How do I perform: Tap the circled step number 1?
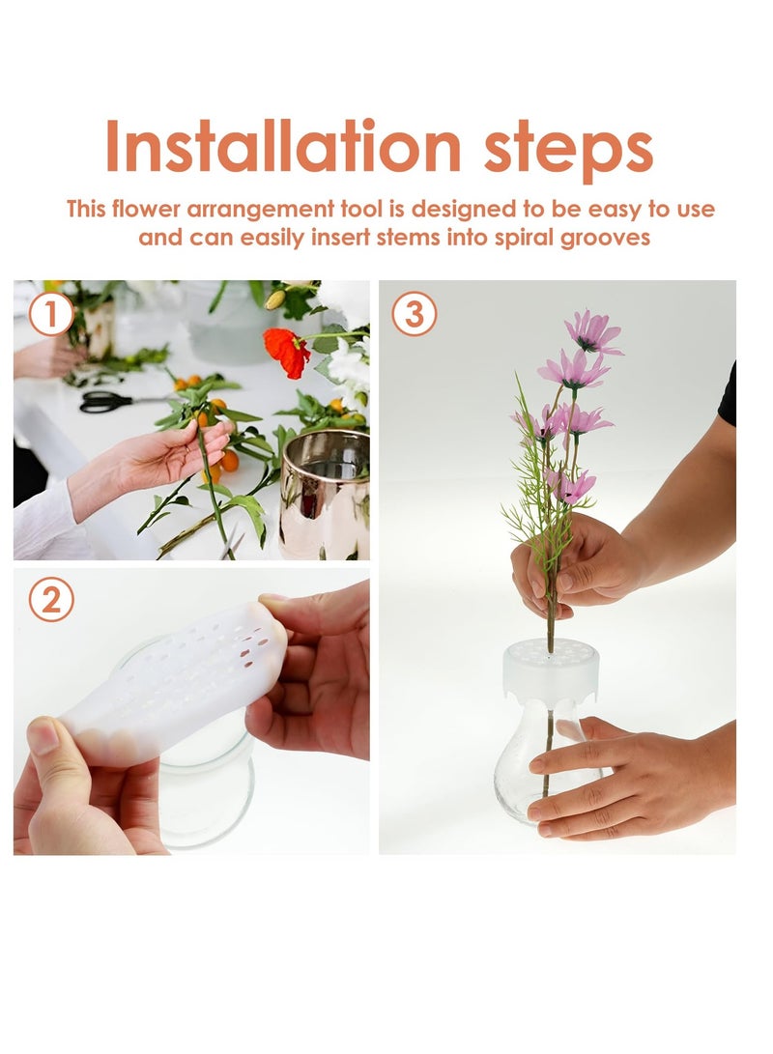(x=51, y=314)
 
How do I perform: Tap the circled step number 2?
(x=51, y=600)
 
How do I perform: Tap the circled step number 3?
(x=415, y=314)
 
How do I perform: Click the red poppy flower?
(x=287, y=351)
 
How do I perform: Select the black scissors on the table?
(x=106, y=401)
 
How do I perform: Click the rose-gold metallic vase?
(x=325, y=493)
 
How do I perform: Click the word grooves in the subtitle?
(x=605, y=237)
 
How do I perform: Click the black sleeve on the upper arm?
(x=728, y=396)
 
